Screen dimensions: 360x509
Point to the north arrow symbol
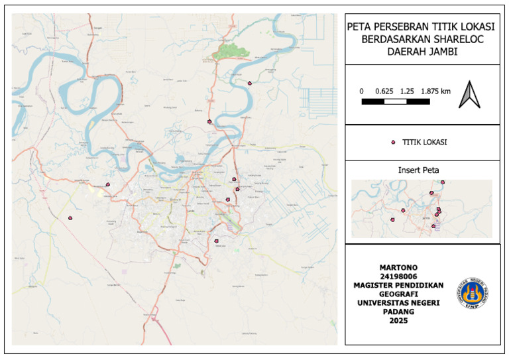[x=469, y=93]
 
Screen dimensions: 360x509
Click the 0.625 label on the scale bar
[x=384, y=90]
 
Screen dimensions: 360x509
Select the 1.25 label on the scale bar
[x=407, y=90]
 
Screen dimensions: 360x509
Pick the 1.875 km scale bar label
[x=435, y=90]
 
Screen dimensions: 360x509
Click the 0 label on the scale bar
[x=361, y=90]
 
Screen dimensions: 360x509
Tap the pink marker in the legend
[x=393, y=142]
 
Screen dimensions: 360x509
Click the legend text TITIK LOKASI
[x=424, y=142]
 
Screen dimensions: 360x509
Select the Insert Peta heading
[x=423, y=170]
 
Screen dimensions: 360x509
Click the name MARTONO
[x=398, y=269]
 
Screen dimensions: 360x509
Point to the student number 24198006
[x=398, y=277]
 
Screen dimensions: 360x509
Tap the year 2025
[x=398, y=320]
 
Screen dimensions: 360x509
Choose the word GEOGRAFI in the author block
[x=398, y=294]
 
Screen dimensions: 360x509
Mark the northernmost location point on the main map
[x=250, y=84]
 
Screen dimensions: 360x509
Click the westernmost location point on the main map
[x=70, y=217]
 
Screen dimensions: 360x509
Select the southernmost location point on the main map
[x=217, y=241]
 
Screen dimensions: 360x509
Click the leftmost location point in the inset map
[x=403, y=210]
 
